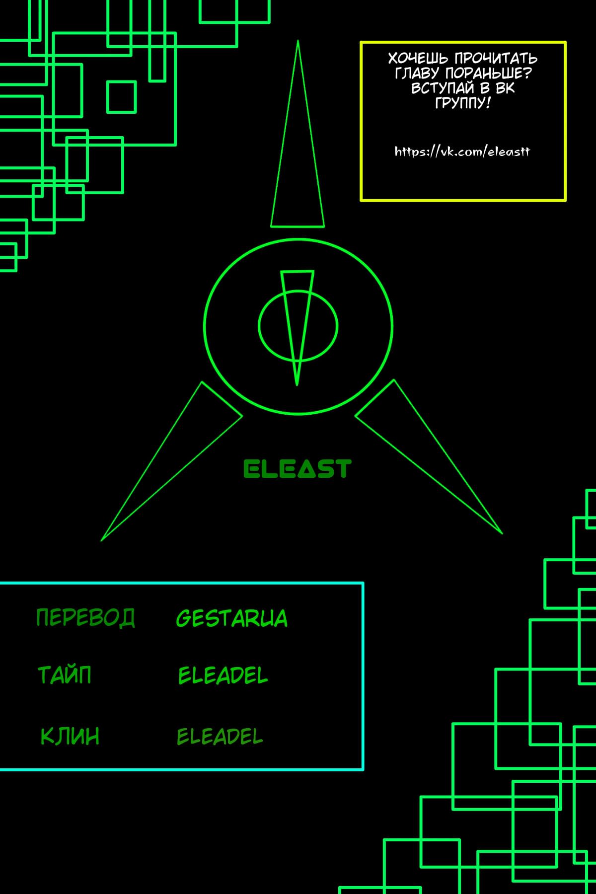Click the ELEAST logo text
pyautogui.click(x=297, y=469)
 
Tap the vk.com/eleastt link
pyautogui.click(x=462, y=151)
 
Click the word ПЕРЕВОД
pyautogui.click(x=85, y=617)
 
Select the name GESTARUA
pyautogui.click(x=231, y=618)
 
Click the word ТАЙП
pyautogui.click(x=65, y=675)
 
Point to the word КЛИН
pyautogui.click(x=70, y=736)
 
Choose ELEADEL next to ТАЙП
pyautogui.click(x=223, y=675)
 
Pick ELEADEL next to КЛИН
pyautogui.click(x=220, y=737)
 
